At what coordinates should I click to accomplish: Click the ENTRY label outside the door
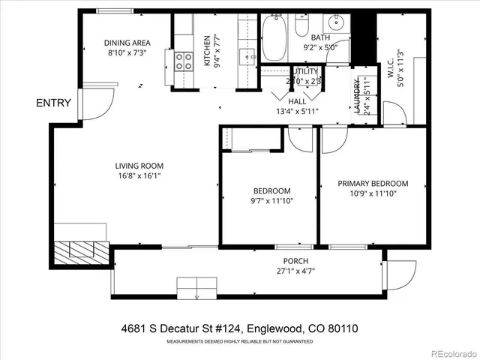52,103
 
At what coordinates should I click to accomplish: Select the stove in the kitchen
183,61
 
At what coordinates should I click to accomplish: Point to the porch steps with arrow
196,288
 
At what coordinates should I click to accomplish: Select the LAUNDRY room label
365,96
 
